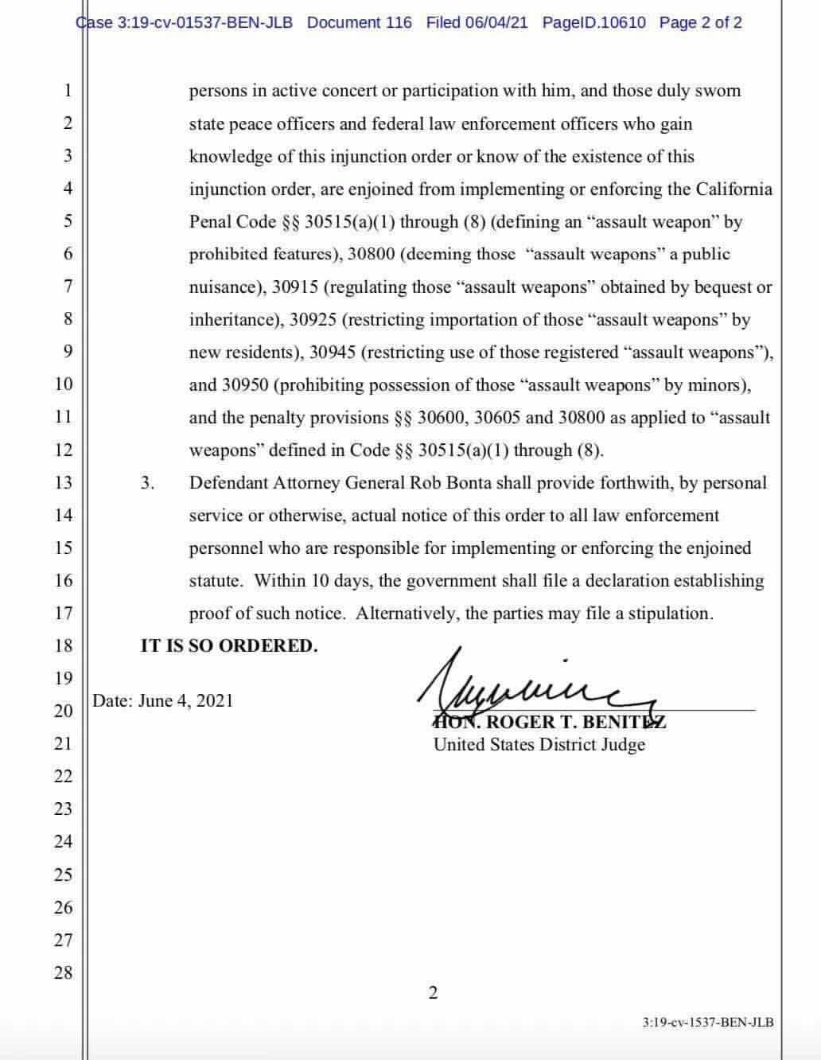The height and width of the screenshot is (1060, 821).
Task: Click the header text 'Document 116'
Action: click(360, 22)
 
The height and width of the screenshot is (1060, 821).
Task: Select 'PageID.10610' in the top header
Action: click(593, 22)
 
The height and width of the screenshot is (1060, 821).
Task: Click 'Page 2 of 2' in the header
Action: click(700, 22)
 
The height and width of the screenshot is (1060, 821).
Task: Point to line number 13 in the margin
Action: click(64, 483)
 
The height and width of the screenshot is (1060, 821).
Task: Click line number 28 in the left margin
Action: click(64, 972)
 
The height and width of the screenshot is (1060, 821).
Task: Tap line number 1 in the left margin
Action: click(68, 91)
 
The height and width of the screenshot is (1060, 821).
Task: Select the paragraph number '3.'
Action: click(147, 483)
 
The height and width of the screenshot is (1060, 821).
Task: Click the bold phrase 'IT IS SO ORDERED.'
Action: click(229, 645)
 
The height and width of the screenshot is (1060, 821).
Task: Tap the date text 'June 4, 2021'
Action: click(185, 701)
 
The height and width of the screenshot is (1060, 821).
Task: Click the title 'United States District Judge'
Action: click(539, 745)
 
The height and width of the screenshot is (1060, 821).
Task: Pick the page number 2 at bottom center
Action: click(433, 992)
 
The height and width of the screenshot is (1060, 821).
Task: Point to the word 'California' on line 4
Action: click(733, 189)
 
